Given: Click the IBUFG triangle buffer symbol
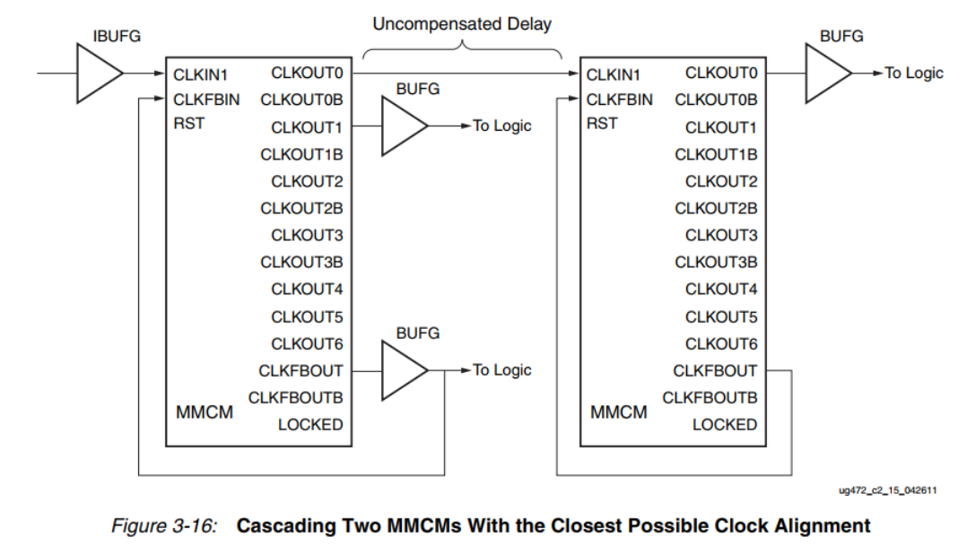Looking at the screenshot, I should pyautogui.click(x=97, y=73).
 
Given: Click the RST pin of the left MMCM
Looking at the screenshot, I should pyautogui.click(x=188, y=123).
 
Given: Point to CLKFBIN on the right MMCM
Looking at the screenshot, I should pyautogui.click(x=620, y=100).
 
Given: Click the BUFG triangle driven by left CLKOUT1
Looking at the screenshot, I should pyautogui.click(x=404, y=126).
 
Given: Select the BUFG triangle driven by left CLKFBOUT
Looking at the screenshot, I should pyautogui.click(x=404, y=370).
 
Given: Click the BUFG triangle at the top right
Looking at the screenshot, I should pyautogui.click(x=826, y=73).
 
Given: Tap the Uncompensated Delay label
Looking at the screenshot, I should pyautogui.click(x=462, y=24).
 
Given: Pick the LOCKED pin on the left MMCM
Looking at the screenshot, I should pyautogui.click(x=309, y=424).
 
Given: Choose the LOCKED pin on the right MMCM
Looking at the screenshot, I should pyautogui.click(x=724, y=424).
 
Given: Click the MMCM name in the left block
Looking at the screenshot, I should pyautogui.click(x=205, y=412).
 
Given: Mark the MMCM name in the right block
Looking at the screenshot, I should pyautogui.click(x=619, y=412).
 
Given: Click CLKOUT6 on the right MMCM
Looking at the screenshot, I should pyautogui.click(x=721, y=343).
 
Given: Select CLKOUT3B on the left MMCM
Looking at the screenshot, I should pyautogui.click(x=301, y=262).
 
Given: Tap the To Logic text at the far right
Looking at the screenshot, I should pyautogui.click(x=913, y=73).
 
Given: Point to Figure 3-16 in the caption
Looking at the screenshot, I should pyautogui.click(x=163, y=525).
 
